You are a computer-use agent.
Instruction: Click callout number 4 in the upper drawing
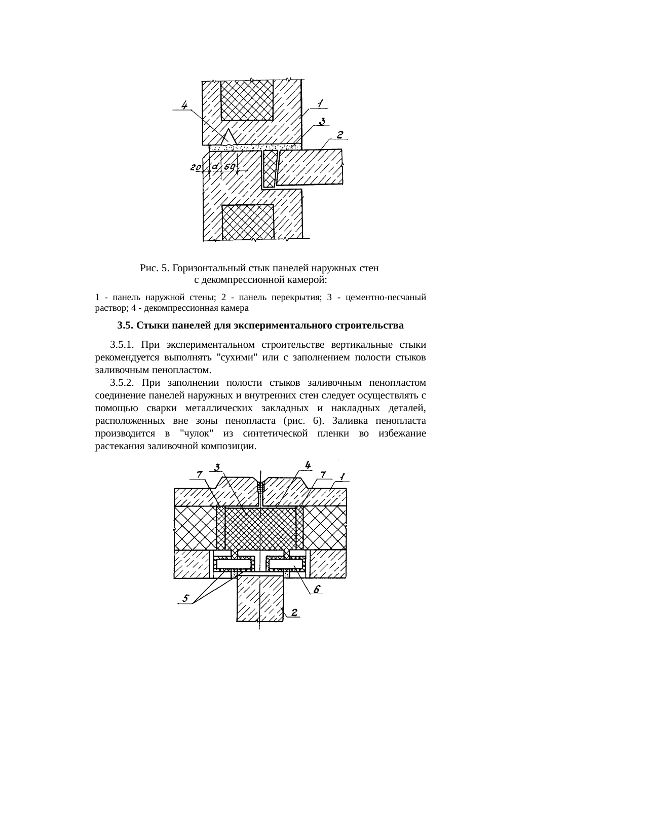click(185, 105)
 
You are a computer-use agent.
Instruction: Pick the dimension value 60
click(229, 167)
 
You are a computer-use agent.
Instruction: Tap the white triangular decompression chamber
click(230, 137)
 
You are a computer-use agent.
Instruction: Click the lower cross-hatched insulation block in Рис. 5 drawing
click(248, 222)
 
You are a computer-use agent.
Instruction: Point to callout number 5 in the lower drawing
click(186, 599)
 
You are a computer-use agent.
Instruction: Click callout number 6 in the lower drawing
click(316, 589)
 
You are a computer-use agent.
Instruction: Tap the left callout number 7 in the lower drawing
click(200, 474)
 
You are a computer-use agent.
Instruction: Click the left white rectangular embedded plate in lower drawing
click(234, 563)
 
